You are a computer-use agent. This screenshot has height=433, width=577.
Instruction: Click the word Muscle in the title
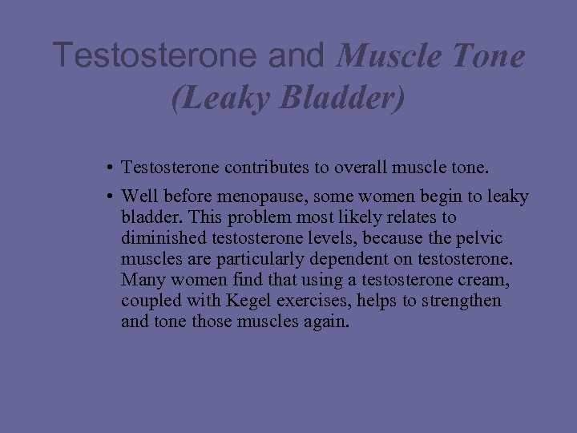pyautogui.click(x=385, y=56)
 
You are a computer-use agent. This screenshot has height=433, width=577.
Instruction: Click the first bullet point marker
pyautogui.click(x=107, y=168)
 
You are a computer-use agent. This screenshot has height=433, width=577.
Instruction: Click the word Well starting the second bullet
pyautogui.click(x=138, y=197)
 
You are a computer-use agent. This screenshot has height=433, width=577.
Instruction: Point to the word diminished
pyautogui.click(x=159, y=239)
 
